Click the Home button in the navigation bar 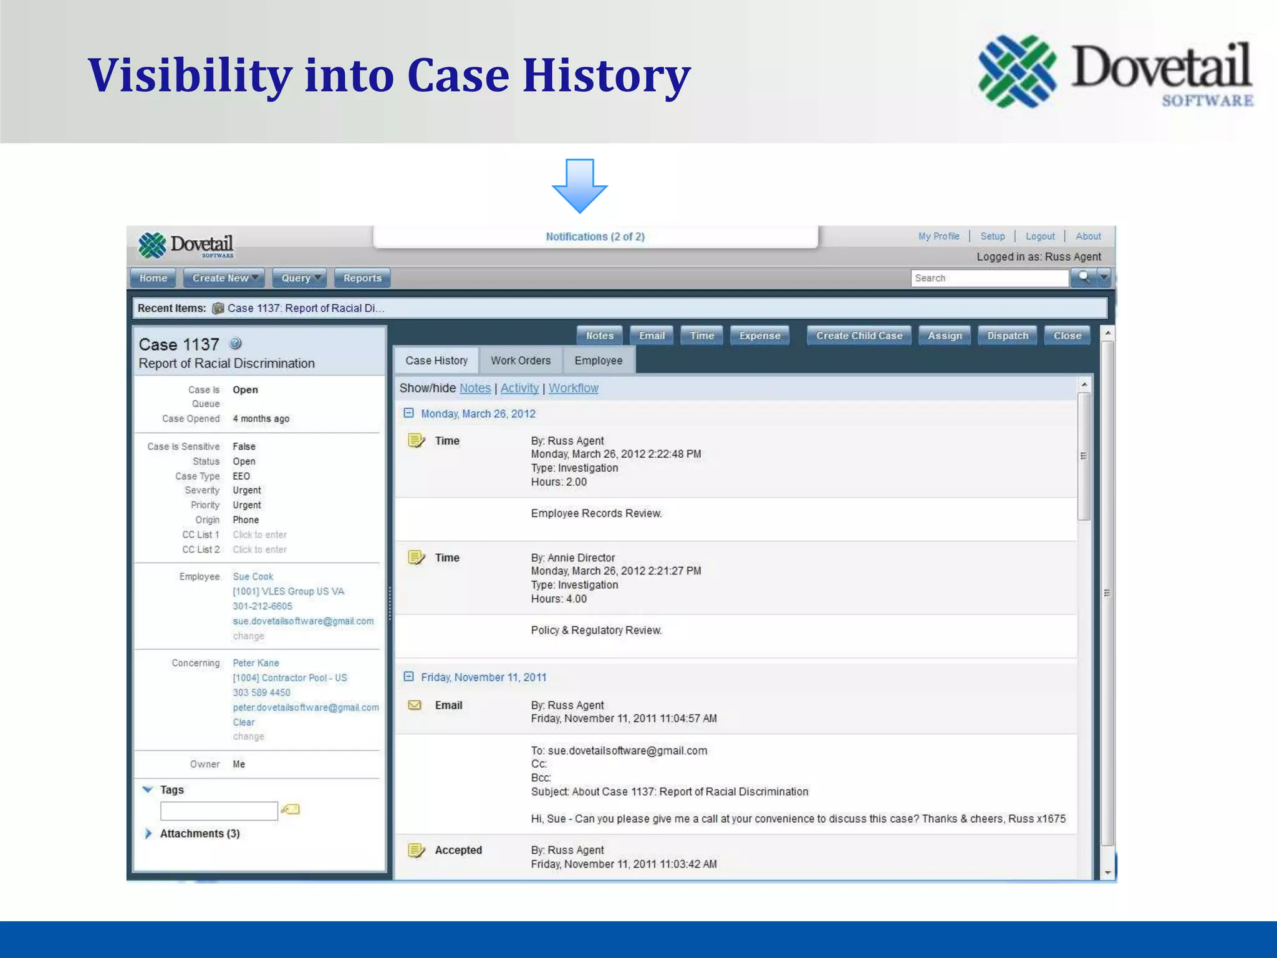point(153,278)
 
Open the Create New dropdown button point(224,278)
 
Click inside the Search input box point(989,278)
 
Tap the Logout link point(1040,236)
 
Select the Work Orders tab point(521,360)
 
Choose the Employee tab point(599,360)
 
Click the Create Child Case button point(859,336)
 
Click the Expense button point(759,336)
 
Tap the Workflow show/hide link point(573,388)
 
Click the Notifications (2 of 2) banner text point(595,236)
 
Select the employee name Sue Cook point(253,576)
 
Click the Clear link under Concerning point(244,722)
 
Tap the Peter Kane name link point(256,663)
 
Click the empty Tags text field point(219,811)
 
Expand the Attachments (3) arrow point(148,834)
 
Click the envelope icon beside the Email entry point(415,705)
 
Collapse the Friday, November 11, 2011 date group point(409,677)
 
